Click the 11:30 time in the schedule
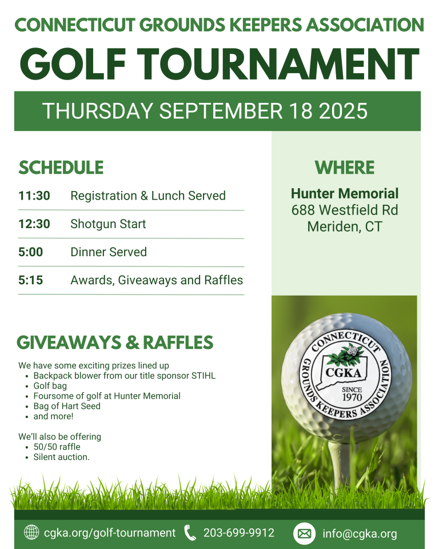[x=34, y=196]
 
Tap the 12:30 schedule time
[x=34, y=224]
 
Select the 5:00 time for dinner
[x=31, y=252]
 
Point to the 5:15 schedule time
[x=31, y=280]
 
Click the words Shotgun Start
[x=108, y=224]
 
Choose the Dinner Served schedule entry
[x=109, y=252]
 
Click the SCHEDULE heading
[x=61, y=168]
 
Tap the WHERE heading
[x=345, y=168]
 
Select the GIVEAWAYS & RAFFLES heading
[x=115, y=343]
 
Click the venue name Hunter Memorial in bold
[x=345, y=193]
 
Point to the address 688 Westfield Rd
[x=345, y=210]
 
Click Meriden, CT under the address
[x=345, y=226]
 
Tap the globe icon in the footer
[x=31, y=533]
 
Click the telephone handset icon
[x=190, y=533]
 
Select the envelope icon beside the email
[x=305, y=534]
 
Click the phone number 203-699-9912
[x=239, y=533]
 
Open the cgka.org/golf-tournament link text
[x=110, y=533]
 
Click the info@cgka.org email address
[x=360, y=534]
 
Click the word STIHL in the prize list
[x=203, y=376]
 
